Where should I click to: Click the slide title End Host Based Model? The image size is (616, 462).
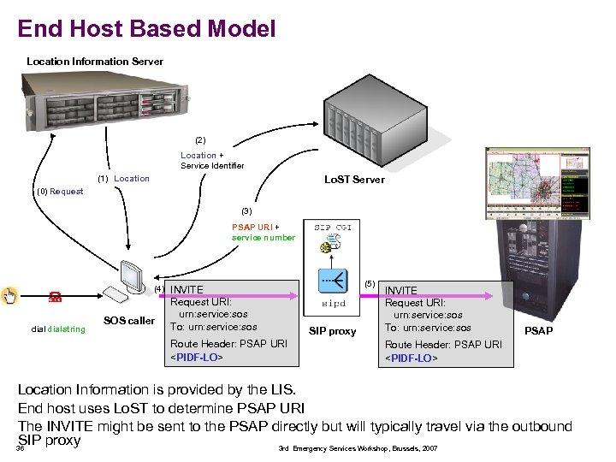[x=146, y=29]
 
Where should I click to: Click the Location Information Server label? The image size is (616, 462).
[x=94, y=62]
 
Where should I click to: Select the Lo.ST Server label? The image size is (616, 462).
[x=353, y=180]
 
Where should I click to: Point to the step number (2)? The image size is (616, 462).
[x=200, y=139]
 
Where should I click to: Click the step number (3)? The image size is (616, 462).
[x=246, y=210]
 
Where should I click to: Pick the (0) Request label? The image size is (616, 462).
[x=60, y=191]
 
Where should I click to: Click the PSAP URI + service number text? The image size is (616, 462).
[x=263, y=233]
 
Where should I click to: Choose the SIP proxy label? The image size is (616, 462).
[x=332, y=331]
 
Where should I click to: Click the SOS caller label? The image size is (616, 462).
[x=128, y=321]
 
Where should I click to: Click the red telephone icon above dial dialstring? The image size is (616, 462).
[x=54, y=298]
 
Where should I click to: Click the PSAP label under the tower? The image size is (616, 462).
[x=538, y=331]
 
